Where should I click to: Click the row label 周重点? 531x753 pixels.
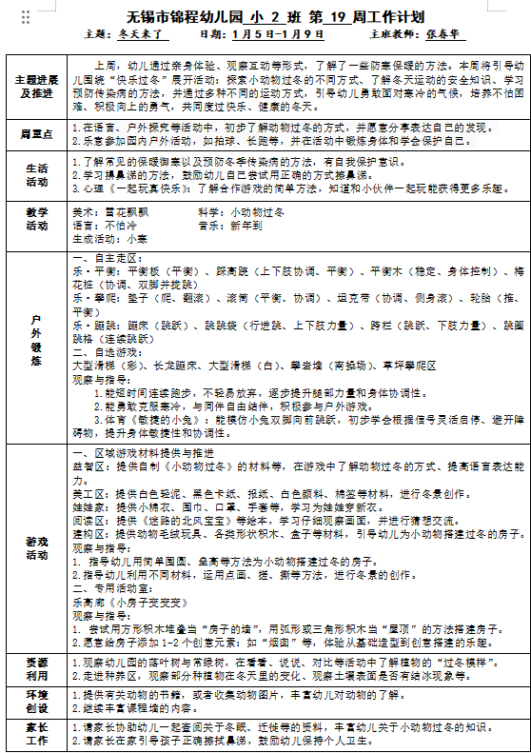coord(35,132)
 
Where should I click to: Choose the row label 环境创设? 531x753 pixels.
coord(35,702)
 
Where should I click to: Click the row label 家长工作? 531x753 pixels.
coord(35,734)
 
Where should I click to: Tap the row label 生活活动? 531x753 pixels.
coord(35,175)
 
